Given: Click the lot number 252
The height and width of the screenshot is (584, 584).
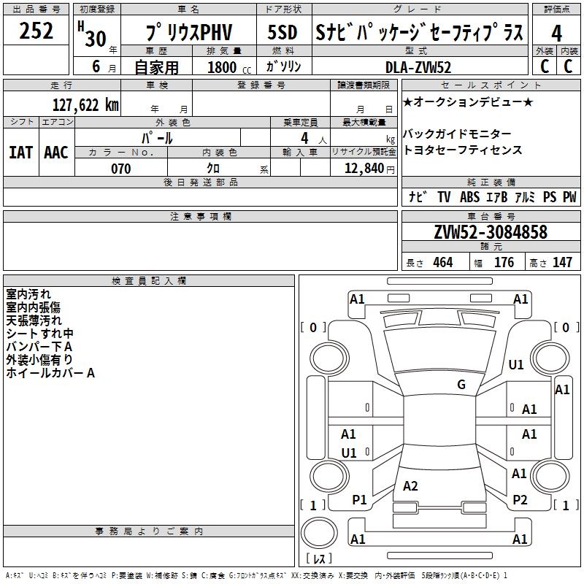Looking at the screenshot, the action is [36, 31].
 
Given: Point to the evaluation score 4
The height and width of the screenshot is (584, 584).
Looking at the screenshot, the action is [556, 34].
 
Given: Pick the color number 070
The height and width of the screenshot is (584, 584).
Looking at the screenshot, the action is [120, 169].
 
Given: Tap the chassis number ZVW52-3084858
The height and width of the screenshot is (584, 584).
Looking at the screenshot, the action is [491, 232].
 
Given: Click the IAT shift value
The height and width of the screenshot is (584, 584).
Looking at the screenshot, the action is [20, 153].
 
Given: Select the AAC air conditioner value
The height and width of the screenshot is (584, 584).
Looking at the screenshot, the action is [56, 153].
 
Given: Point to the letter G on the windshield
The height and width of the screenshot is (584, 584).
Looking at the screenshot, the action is [461, 385].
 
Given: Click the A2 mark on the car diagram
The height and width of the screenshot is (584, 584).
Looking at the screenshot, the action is [410, 486].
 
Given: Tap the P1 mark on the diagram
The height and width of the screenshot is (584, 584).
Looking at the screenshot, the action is [359, 499].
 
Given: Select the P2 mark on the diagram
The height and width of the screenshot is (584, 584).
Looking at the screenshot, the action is [520, 499].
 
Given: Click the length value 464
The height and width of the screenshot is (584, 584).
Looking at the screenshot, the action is [442, 263].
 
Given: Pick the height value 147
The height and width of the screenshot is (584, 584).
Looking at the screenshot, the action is [562, 263].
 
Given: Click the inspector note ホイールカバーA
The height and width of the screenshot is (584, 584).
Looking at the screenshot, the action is [50, 373].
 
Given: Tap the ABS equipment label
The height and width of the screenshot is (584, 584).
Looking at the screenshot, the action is [469, 197].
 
